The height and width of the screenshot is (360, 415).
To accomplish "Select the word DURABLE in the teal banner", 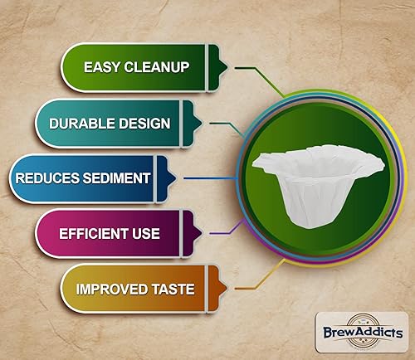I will click(83, 124).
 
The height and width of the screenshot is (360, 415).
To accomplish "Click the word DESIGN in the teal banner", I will click(144, 124).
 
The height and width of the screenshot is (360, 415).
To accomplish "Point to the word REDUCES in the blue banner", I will click(46, 178).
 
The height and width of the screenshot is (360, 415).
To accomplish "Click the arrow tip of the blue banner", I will click(176, 178).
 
